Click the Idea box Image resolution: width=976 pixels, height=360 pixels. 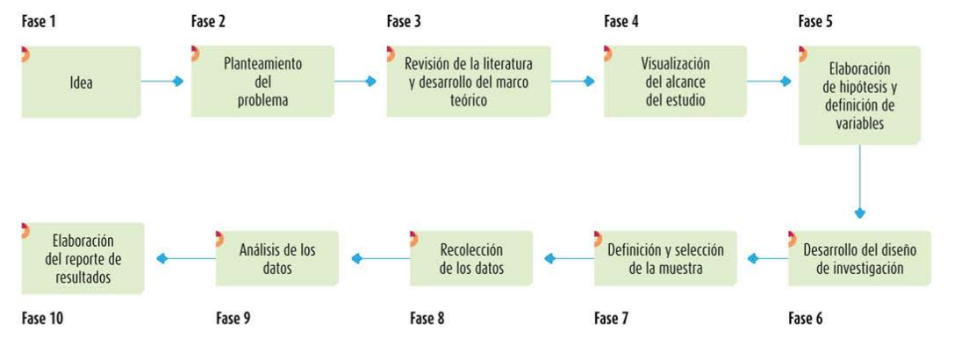coord(81,83)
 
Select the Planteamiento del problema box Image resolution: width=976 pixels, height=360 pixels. coord(262,82)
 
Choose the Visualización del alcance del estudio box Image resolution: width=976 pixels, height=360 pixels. coord(674,82)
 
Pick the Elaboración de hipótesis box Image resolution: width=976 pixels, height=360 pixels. coord(859,96)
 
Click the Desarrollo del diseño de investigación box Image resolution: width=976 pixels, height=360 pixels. coord(859,258)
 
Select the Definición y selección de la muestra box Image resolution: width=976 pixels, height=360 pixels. coord(665,258)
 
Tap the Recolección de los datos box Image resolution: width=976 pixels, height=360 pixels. coord(471,258)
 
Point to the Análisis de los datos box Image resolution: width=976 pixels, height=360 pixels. coord(277,258)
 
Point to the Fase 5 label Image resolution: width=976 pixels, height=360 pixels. coord(815,21)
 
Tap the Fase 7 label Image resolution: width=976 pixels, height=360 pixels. coord(611,318)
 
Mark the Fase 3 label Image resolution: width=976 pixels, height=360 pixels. coord(404,21)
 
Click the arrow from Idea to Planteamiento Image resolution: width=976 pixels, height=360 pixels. coord(163,82)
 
